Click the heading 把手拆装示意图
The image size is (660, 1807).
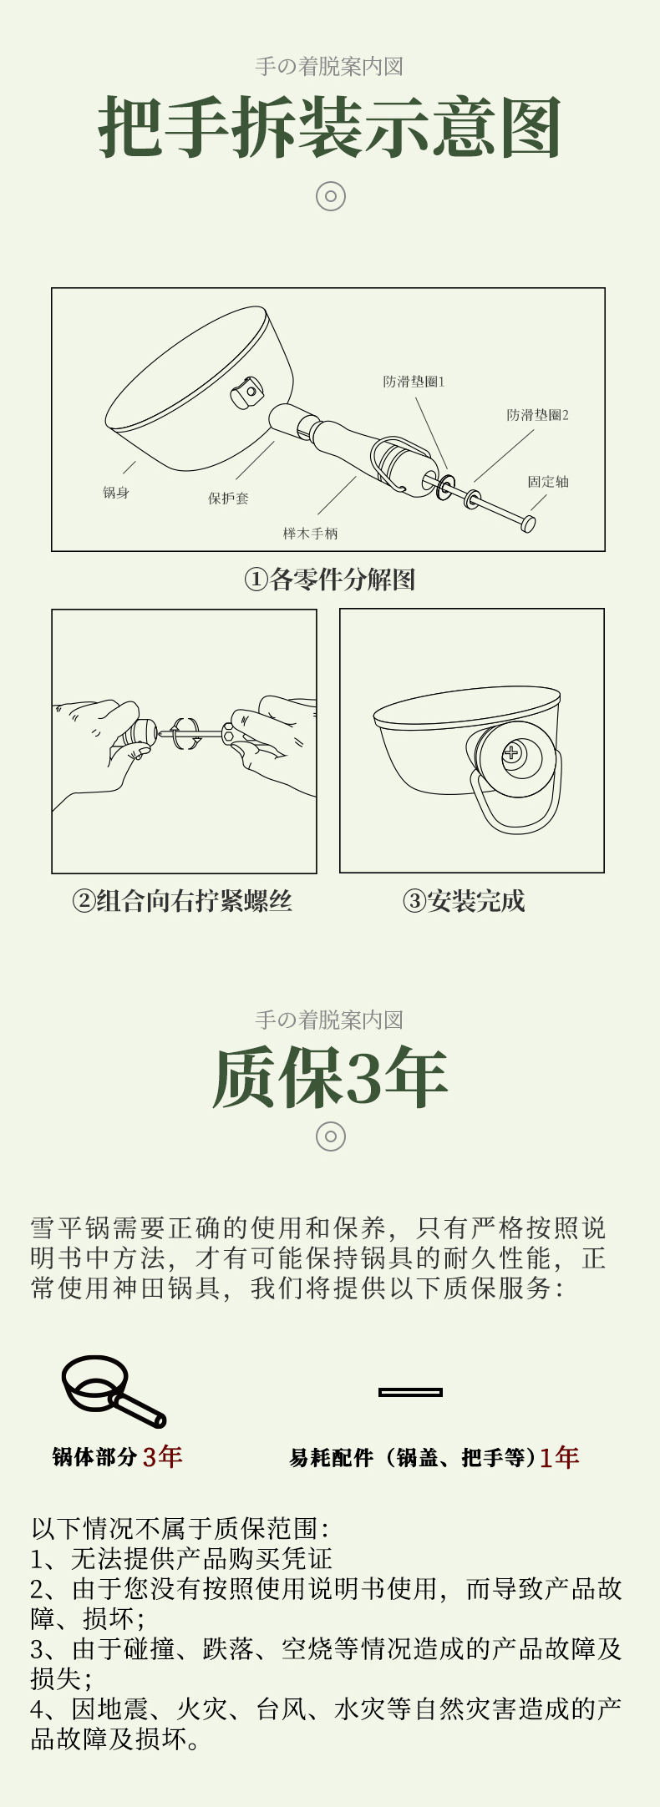click(330, 128)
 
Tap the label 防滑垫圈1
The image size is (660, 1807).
click(414, 382)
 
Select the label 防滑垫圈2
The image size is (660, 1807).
click(538, 415)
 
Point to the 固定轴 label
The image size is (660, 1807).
click(548, 482)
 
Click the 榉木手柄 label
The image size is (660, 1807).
click(310, 534)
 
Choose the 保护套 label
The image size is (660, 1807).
click(228, 499)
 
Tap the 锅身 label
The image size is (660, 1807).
click(116, 493)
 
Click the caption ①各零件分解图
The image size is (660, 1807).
click(330, 580)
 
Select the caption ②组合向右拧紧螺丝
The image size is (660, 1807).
click(182, 901)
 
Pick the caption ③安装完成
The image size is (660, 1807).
click(464, 901)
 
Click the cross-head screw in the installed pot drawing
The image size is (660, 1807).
click(511, 753)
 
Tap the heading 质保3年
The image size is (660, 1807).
click(330, 1077)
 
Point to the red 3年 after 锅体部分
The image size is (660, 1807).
click(162, 1457)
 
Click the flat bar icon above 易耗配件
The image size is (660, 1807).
click(410, 1392)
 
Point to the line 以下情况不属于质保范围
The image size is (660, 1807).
click(180, 1529)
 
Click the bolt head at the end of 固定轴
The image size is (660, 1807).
click(527, 524)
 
